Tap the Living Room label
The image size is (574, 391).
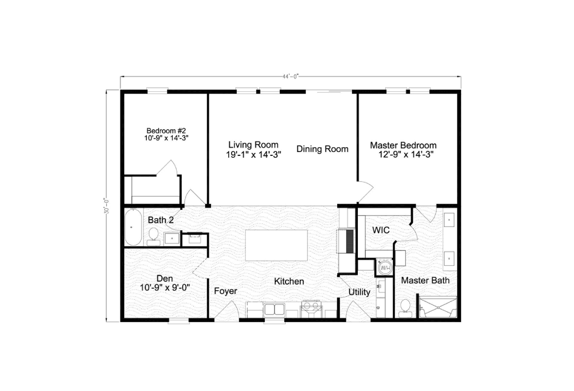tap(253, 145)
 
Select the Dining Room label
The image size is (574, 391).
tap(322, 149)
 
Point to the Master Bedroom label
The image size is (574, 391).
tap(403, 145)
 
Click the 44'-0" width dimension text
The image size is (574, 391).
tap(290, 76)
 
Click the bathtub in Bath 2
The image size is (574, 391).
tap(133, 228)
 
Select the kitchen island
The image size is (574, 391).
tap(276, 245)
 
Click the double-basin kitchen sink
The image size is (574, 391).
tap(274, 309)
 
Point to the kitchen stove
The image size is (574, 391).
tap(310, 308)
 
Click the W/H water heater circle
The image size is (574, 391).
tap(385, 268)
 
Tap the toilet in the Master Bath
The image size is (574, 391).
tap(405, 307)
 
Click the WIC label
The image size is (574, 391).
tap(381, 230)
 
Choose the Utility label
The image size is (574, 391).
tap(359, 292)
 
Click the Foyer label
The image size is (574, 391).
tap(225, 291)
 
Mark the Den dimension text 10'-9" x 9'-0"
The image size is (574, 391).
tap(166, 288)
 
